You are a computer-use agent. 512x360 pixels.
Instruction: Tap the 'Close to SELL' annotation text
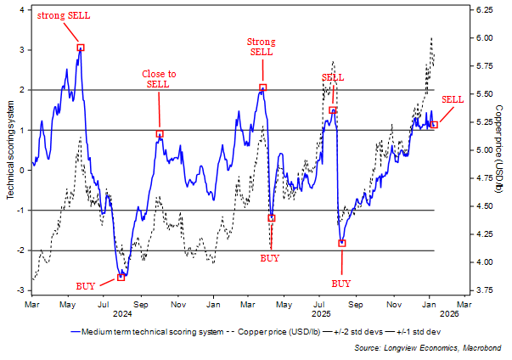[157, 79]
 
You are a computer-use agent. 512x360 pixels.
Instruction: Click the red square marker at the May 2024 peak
[81, 48]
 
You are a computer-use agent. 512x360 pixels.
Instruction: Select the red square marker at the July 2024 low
[121, 277]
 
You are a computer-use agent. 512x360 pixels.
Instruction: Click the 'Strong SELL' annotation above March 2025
[261, 47]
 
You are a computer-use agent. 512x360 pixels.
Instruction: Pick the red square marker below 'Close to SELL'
[159, 134]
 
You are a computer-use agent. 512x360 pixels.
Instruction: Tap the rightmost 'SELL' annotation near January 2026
[453, 100]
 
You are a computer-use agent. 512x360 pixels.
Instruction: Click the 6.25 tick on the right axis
[483, 10]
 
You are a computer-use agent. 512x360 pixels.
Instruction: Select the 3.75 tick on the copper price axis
[483, 290]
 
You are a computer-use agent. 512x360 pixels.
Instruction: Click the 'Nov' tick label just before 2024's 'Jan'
[178, 303]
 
